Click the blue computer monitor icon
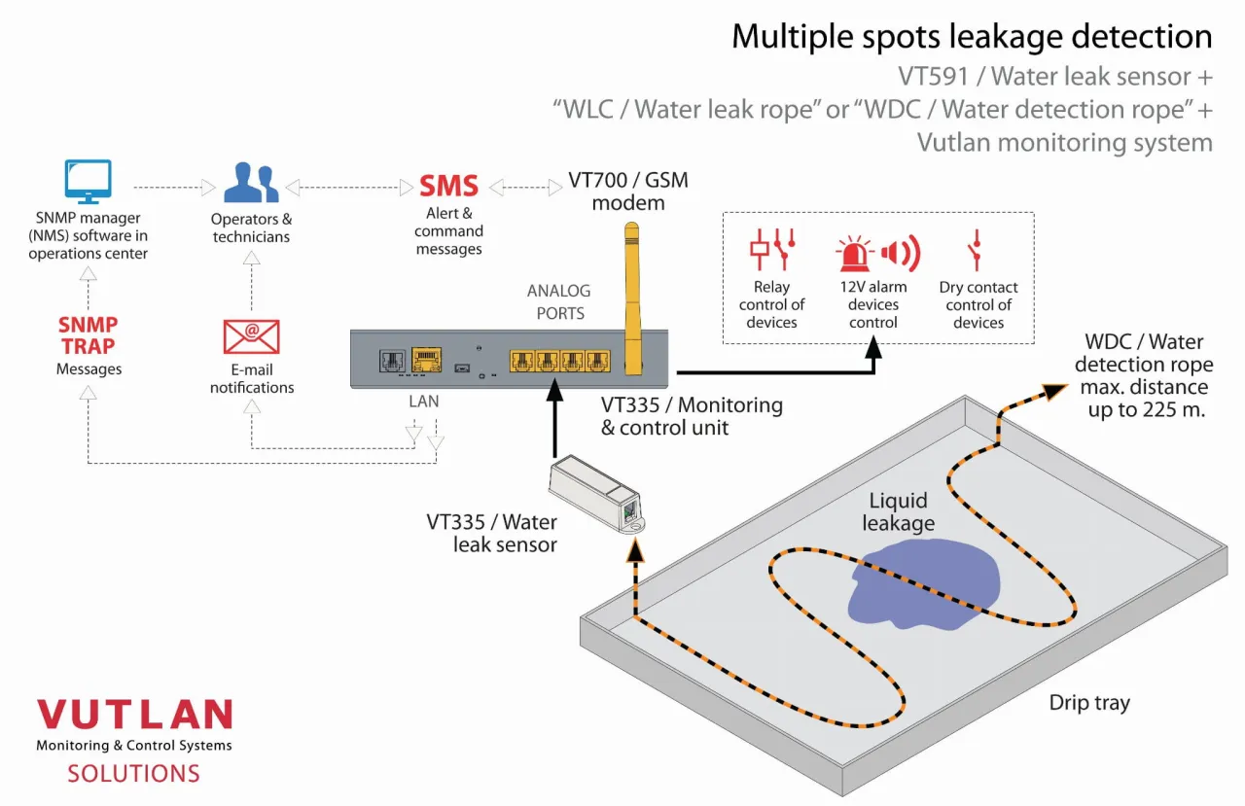point(88,181)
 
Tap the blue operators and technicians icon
point(251,183)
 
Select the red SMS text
point(448,186)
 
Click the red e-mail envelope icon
point(251,335)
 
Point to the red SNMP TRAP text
point(88,335)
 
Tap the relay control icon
point(771,250)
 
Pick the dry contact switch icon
point(976,250)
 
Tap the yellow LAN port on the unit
point(425,361)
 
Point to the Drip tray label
point(1089,702)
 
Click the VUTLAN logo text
point(134,715)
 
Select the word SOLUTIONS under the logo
point(133,774)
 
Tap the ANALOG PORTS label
point(558,301)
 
